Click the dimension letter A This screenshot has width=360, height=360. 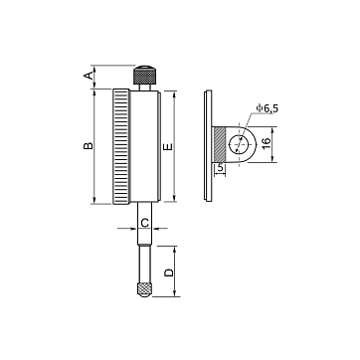[x=89, y=76]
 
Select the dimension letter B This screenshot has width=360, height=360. [x=89, y=146]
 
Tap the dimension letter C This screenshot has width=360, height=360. [x=145, y=223]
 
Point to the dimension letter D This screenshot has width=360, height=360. [x=169, y=272]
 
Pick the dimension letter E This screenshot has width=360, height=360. [x=168, y=146]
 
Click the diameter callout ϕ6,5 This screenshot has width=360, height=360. [x=268, y=108]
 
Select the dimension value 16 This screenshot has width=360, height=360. [x=267, y=143]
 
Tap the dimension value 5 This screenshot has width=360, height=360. [x=220, y=169]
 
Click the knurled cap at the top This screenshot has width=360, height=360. [x=145, y=75]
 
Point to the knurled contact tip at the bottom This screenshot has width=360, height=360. [x=144, y=289]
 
